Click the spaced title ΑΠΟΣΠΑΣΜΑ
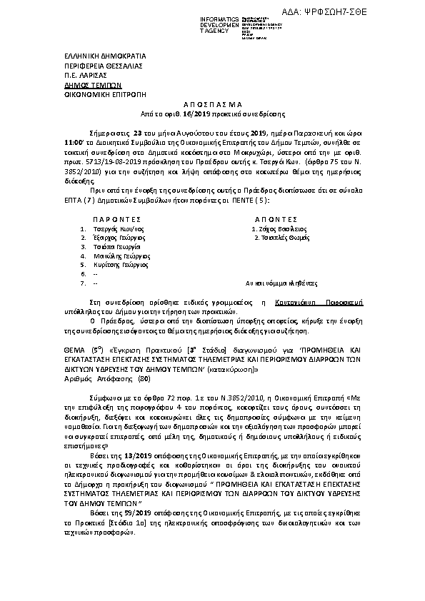(x=212, y=104)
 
